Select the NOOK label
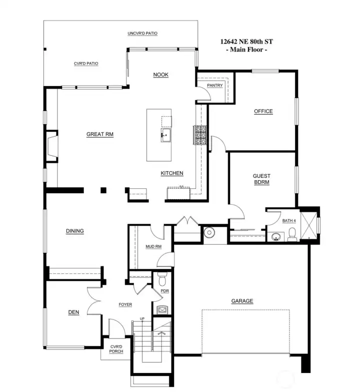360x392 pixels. click(160, 75)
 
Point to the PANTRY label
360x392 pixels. click(214, 86)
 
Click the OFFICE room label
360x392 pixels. click(263, 111)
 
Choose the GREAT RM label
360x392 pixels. click(99, 134)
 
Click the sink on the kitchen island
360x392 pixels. click(165, 135)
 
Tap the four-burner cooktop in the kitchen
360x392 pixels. click(200, 135)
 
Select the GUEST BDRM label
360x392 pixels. click(261, 179)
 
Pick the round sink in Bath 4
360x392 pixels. click(275, 236)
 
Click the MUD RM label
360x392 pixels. click(153, 246)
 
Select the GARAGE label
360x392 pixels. click(242, 301)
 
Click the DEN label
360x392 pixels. click(73, 312)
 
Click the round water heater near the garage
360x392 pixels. click(209, 232)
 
